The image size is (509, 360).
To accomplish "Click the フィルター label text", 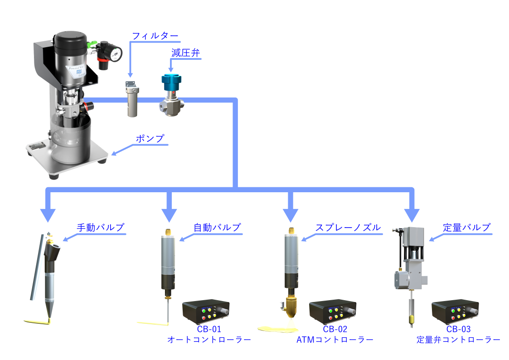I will point(155,36).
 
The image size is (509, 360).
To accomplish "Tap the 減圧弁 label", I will point(185,53).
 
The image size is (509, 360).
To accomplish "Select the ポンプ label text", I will point(150,139).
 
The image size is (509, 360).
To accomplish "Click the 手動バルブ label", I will point(100,228).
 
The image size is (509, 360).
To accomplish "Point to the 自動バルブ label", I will point(217,228).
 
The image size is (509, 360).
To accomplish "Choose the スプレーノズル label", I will point(348,228).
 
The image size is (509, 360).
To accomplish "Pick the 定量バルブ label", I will point(467,228).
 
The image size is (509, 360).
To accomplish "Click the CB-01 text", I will point(209,330).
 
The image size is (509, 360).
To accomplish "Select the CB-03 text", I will point(458,330).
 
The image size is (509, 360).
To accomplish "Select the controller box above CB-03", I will point(455,311).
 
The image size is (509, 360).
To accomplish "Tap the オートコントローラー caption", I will point(209,340).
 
